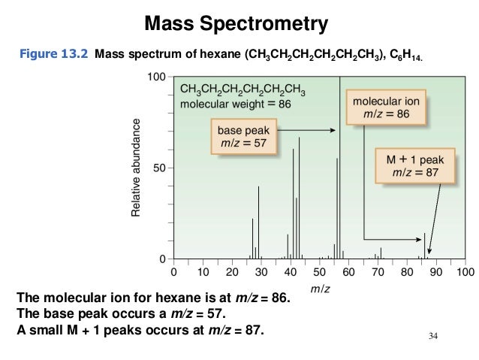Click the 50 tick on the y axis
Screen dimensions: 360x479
click(x=160, y=168)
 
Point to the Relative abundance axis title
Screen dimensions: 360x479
click(x=136, y=168)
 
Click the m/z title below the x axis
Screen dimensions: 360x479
click(x=319, y=288)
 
